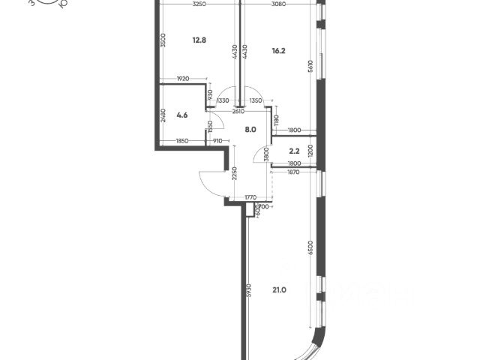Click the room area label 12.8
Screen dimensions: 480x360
198,40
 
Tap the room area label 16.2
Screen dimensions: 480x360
280,52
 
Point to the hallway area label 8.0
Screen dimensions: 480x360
250,129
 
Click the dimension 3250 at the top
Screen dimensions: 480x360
199,5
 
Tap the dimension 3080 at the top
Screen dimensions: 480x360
278,5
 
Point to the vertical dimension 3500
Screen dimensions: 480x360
163,40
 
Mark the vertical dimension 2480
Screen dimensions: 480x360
163,116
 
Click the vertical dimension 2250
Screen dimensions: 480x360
235,173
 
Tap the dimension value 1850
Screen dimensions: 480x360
182,140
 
